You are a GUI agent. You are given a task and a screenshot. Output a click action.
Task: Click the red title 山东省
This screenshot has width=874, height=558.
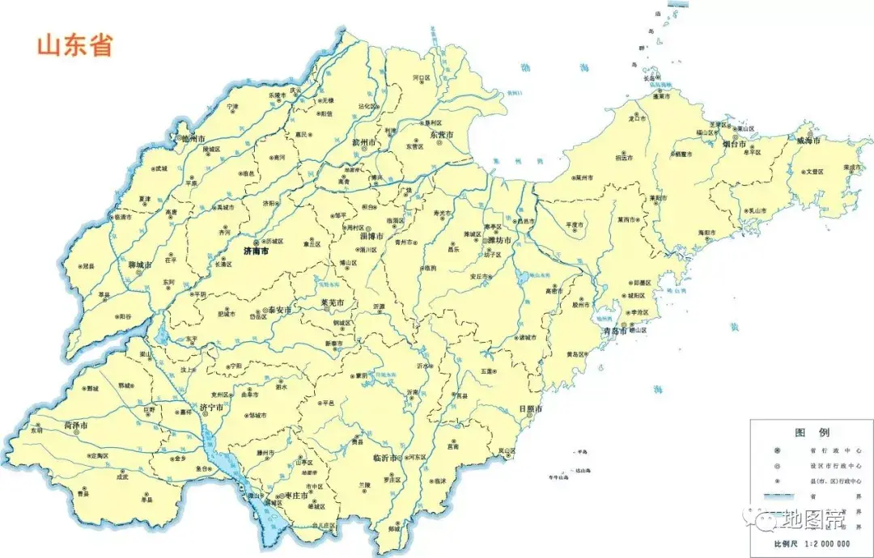[x=74, y=44]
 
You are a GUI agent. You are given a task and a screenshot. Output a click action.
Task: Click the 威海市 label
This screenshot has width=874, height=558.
[x=808, y=140]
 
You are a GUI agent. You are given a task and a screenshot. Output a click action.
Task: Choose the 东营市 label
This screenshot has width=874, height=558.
[x=442, y=134]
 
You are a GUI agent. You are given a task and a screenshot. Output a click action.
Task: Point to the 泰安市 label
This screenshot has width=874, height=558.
[x=278, y=311]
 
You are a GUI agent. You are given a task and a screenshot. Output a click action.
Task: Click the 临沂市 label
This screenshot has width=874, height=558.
[x=385, y=458]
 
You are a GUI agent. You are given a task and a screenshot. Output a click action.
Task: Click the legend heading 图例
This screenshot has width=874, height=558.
[x=812, y=433]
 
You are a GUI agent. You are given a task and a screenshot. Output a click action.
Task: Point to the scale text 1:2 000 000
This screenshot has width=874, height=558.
[x=834, y=543]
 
